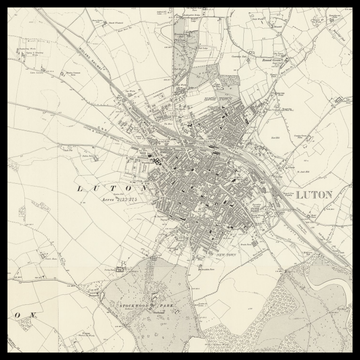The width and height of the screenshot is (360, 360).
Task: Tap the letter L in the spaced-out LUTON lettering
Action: pyautogui.click(x=80, y=187)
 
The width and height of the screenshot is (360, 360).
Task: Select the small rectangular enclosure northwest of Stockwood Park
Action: pyautogui.click(x=118, y=270)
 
